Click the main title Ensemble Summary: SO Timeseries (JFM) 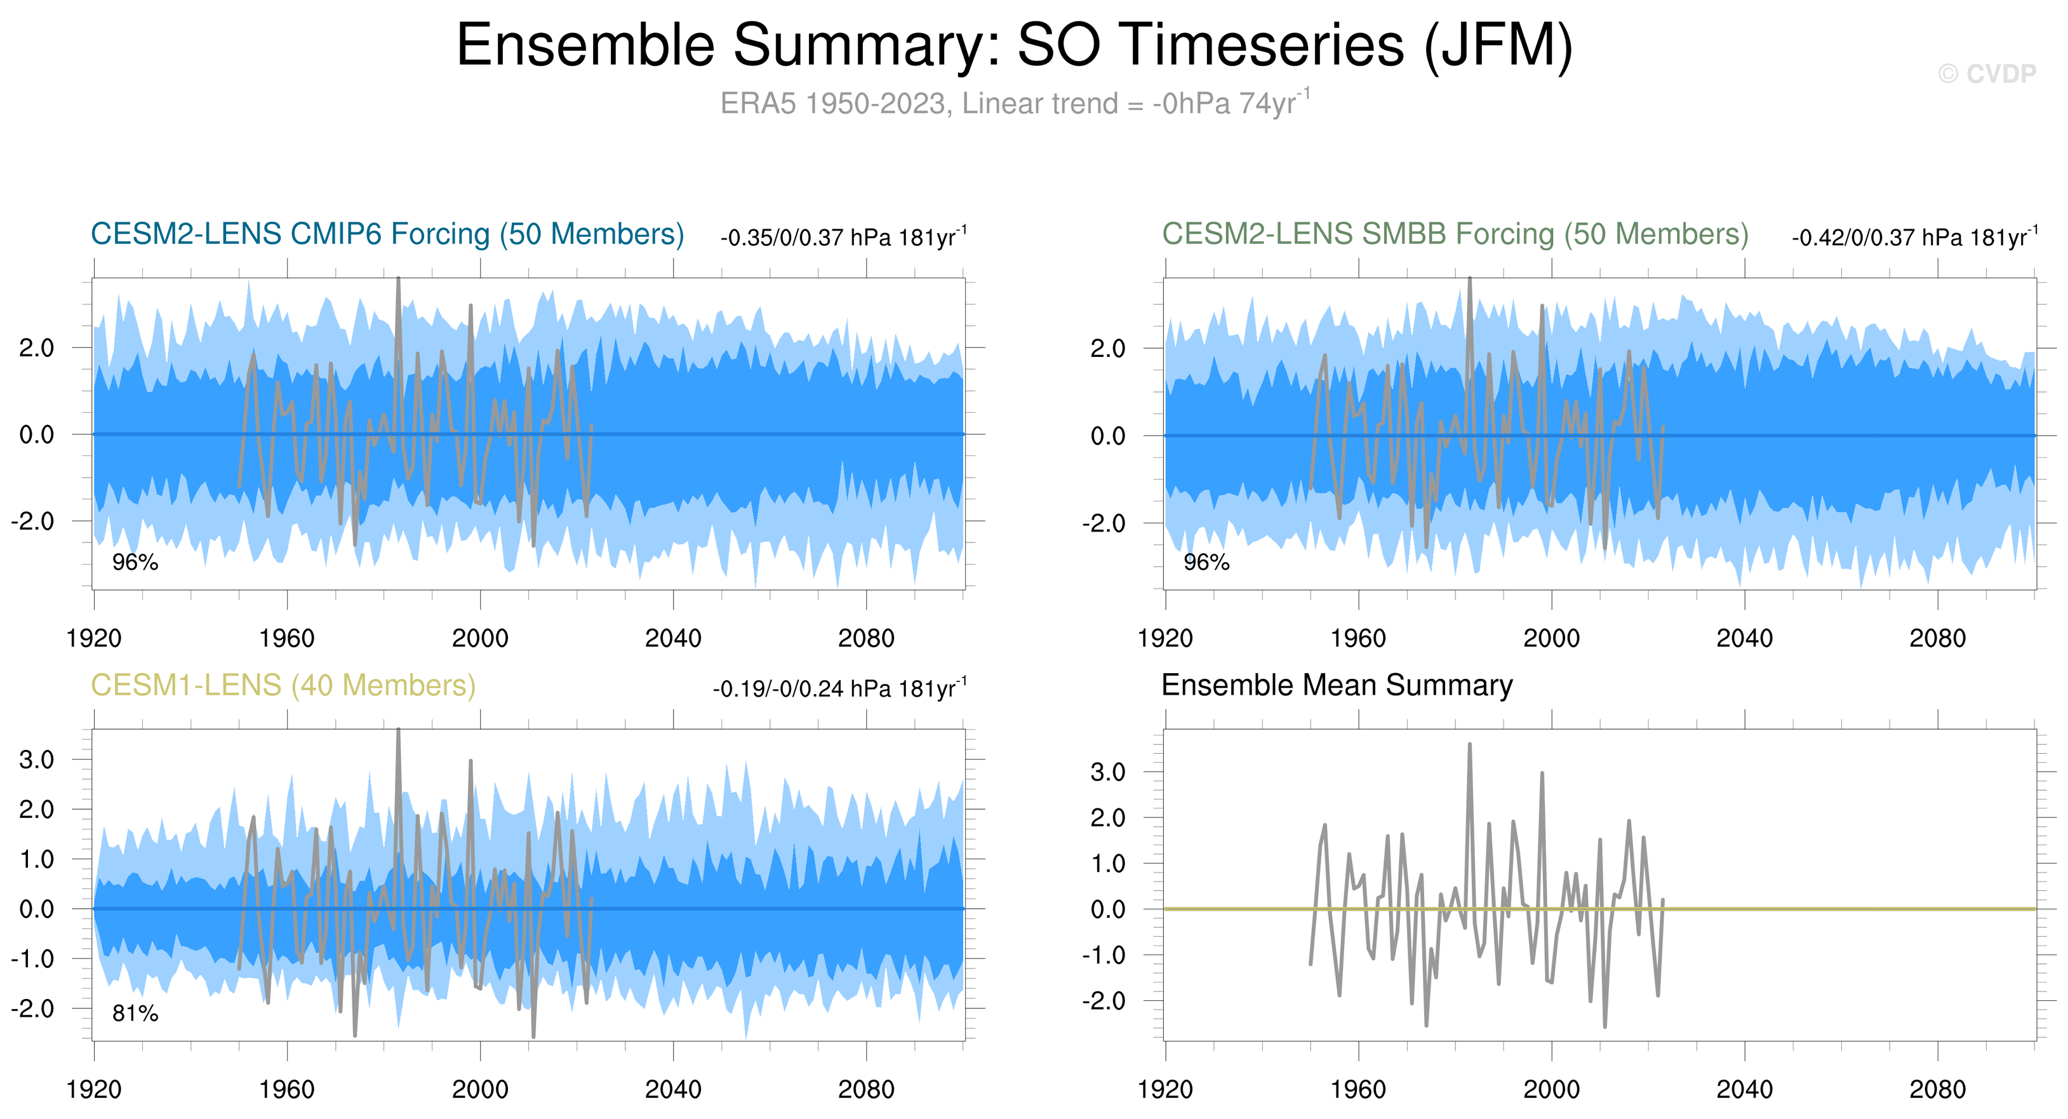[1014, 45]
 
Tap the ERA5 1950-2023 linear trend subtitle [1014, 104]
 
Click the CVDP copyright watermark [1987, 74]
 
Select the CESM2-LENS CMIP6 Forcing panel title [387, 234]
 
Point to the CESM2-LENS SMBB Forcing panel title [1455, 234]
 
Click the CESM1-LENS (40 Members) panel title [283, 685]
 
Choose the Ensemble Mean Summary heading [1337, 685]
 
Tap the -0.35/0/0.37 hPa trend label [843, 238]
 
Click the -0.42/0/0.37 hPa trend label [1914, 238]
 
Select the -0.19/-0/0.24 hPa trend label [839, 689]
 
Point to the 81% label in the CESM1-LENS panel [135, 1013]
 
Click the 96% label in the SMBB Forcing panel [1206, 562]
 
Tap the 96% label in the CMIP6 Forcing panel [135, 562]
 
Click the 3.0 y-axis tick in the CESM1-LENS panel [37, 760]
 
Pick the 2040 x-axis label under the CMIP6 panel [673, 638]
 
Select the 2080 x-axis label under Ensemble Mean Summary [1937, 1089]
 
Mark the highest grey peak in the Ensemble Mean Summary [1469, 745]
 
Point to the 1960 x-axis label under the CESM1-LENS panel [286, 1089]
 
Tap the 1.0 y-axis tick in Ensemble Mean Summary [1108, 863]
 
